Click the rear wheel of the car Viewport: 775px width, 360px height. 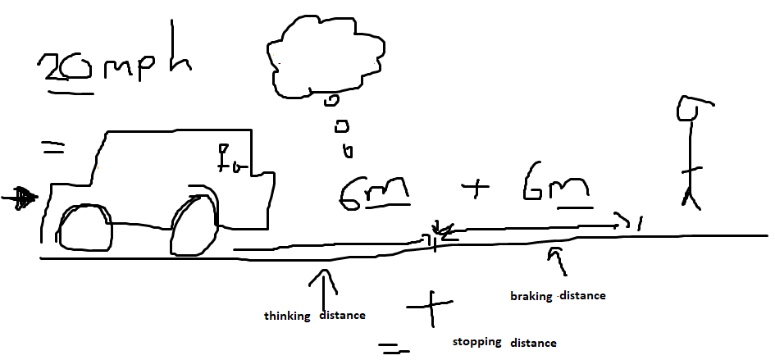85,226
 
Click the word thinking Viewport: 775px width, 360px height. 286,316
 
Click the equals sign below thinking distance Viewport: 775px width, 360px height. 394,349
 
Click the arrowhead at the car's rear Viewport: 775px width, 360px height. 22,197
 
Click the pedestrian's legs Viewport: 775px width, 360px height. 691,197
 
